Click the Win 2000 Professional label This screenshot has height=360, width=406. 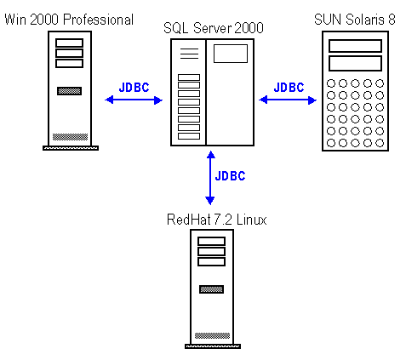point(69,20)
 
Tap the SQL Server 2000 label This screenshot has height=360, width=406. point(214,28)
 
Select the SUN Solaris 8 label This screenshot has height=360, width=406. point(355,20)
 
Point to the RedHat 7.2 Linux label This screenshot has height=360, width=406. point(217,220)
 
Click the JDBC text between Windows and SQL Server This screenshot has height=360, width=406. point(134,88)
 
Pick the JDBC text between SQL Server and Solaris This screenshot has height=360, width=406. point(289,88)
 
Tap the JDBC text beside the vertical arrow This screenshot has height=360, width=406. point(230,176)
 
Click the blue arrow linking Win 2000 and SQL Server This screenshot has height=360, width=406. point(134,100)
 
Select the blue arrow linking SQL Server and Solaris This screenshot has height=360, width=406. point(288,100)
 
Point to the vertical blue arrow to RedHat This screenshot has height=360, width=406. point(210,178)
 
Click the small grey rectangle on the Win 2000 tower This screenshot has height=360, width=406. point(69,91)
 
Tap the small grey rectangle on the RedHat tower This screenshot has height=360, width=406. point(211,289)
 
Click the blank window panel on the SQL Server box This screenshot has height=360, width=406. point(231,54)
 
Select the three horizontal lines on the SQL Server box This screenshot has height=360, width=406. point(189,54)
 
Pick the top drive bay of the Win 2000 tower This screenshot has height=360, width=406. point(69,43)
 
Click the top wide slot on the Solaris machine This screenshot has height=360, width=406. point(355,46)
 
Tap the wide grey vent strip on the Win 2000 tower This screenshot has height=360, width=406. point(70,137)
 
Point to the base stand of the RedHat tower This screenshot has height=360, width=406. point(213,346)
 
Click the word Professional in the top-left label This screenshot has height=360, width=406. point(98,20)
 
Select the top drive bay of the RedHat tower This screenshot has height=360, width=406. point(211,241)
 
